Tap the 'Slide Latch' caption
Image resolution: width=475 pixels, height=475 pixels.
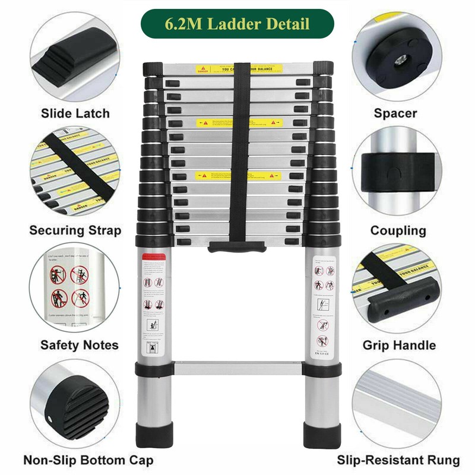point(75,113)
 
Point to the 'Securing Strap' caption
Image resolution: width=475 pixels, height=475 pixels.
point(75,230)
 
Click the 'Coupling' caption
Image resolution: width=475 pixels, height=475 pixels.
point(398,230)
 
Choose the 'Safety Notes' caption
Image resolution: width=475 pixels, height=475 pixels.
point(79,345)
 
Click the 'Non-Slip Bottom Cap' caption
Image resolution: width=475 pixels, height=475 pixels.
point(88,460)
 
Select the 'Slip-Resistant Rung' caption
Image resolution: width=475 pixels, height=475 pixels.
point(398,460)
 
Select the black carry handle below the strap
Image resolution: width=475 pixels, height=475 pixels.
point(237,245)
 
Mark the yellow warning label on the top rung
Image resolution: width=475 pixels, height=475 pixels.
point(237,69)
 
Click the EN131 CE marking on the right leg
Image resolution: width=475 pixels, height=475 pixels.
point(321,354)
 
